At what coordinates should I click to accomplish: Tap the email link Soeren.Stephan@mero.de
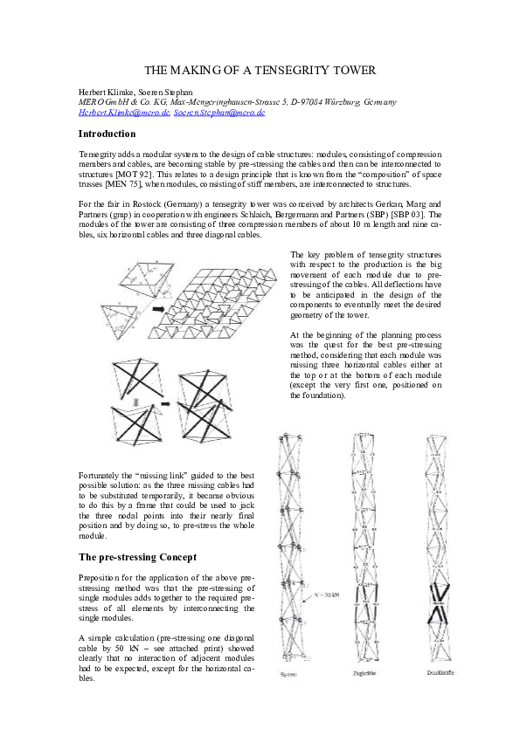218,113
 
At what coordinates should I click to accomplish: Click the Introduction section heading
107,134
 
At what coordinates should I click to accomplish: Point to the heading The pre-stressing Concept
137,556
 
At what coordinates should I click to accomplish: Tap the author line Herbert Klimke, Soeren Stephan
140,93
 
